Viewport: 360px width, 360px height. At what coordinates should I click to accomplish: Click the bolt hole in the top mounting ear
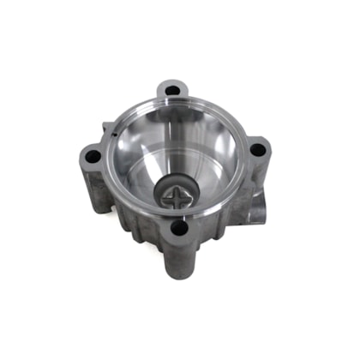click(172, 89)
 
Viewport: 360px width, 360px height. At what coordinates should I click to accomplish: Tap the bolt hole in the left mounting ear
click(92, 157)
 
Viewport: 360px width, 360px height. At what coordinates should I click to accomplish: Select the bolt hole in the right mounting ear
click(256, 149)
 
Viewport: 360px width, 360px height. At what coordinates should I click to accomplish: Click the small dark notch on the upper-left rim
click(111, 133)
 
